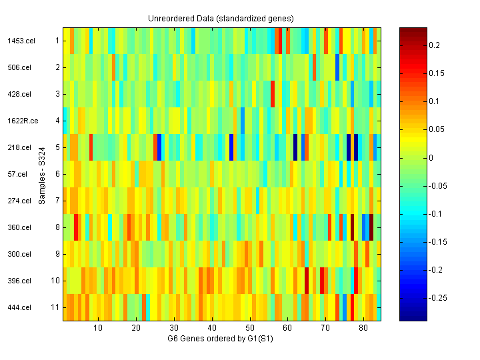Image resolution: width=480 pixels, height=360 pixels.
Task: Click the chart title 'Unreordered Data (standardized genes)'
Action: coord(221,18)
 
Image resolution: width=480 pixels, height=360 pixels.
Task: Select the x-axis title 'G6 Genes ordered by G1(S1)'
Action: coord(221,339)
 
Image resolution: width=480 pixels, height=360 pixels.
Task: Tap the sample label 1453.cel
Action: coord(21,41)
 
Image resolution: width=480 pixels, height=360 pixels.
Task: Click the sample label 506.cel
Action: coord(19,67)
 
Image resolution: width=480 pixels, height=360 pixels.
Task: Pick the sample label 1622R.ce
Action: coord(21,121)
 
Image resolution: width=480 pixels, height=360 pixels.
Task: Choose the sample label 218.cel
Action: coord(19,147)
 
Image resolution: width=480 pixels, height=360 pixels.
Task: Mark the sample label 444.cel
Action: coord(19,307)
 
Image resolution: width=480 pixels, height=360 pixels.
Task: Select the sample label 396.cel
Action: coord(19,281)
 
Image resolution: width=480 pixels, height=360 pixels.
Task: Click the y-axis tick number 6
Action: coord(57,174)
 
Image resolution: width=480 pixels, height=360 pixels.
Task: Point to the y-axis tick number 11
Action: coord(55,307)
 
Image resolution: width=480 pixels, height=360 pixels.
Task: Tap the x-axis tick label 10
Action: coord(98,328)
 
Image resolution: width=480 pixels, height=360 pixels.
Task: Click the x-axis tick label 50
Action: coord(250,328)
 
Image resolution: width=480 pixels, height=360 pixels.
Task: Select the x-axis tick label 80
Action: coord(363,328)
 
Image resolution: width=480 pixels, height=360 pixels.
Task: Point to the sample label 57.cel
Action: coord(18,174)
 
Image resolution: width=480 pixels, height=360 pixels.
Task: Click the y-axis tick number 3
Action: coord(57,94)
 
